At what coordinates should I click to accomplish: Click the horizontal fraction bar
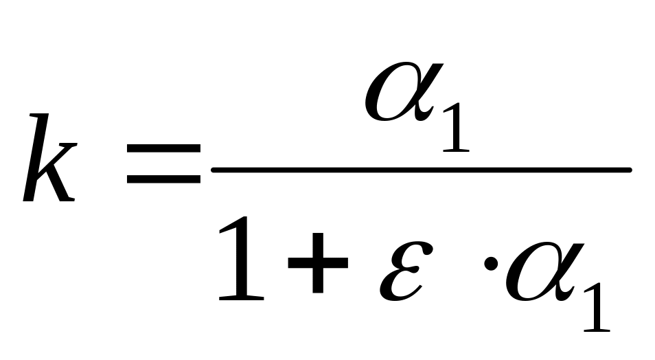[420, 168]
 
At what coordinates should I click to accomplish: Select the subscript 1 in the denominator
[596, 306]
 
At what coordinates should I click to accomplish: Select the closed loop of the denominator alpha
[528, 275]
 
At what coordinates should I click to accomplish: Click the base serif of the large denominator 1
[240, 297]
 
